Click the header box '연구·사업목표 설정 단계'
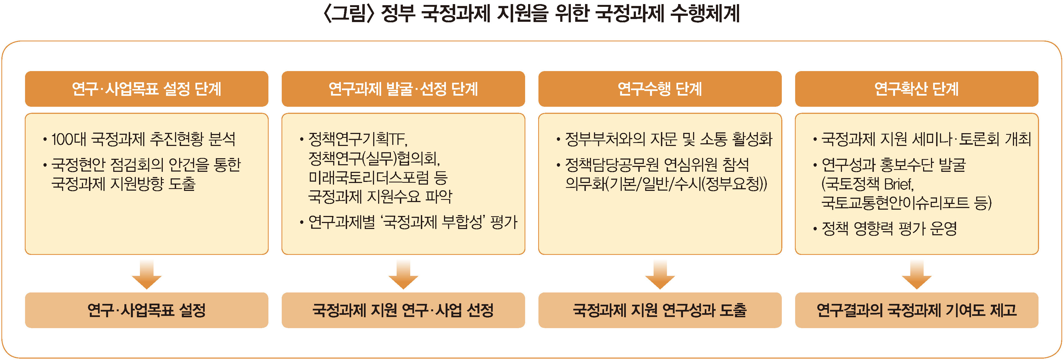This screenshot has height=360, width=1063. tap(146, 89)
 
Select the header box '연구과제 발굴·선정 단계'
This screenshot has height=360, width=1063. tap(403, 89)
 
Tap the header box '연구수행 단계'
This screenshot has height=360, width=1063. tap(660, 89)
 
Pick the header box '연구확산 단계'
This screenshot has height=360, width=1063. tap(917, 89)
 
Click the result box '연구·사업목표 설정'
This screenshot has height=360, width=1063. tap(146, 310)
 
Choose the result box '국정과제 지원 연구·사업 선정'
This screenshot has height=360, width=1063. tap(403, 310)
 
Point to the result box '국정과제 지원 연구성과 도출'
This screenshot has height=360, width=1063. tap(660, 310)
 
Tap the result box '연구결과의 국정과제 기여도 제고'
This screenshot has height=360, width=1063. tap(917, 310)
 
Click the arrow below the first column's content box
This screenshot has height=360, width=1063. tap(146, 274)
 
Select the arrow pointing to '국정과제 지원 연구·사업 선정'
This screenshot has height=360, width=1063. tap(403, 274)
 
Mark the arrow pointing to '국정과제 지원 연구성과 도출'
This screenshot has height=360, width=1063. tap(660, 274)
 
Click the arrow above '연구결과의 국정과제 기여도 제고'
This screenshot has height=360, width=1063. tap(917, 274)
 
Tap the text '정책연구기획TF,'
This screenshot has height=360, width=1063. tap(358, 139)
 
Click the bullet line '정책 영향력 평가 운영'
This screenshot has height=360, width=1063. tap(889, 228)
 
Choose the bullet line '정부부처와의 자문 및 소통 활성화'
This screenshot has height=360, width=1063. tap(668, 139)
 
